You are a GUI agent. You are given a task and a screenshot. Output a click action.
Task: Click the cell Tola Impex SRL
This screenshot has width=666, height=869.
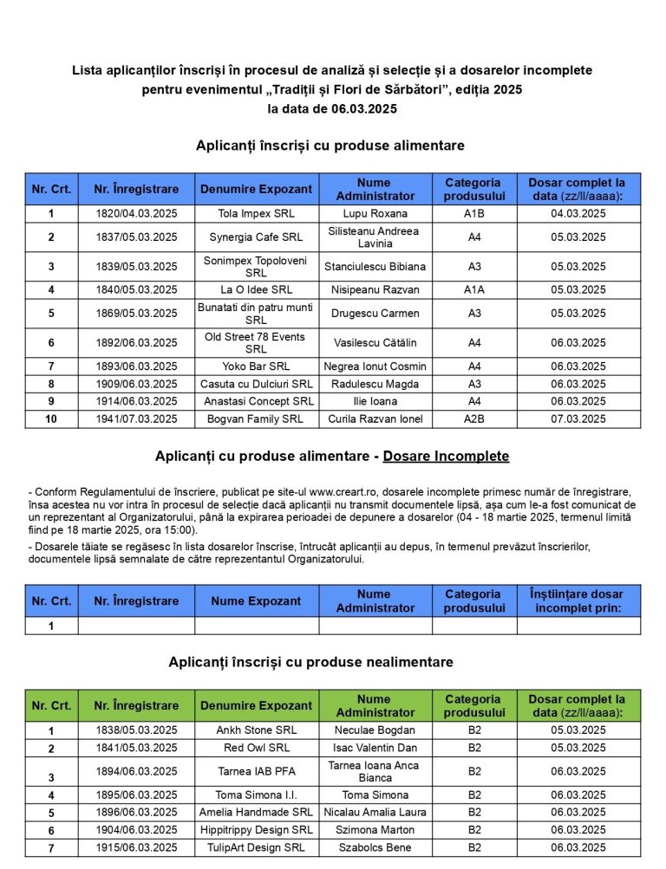click(256, 213)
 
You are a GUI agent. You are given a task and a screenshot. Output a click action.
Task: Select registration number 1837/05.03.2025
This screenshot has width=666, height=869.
click(136, 237)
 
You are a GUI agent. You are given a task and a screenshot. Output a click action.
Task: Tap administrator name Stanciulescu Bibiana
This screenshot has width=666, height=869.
click(375, 267)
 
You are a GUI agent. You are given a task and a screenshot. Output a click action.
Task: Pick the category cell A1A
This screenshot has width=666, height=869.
click(474, 290)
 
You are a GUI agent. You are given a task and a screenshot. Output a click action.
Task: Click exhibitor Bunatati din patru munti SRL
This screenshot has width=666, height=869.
click(256, 314)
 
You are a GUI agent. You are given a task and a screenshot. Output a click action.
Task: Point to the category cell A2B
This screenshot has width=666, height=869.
click(474, 419)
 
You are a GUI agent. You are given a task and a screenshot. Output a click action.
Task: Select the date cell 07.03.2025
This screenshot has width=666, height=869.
click(578, 419)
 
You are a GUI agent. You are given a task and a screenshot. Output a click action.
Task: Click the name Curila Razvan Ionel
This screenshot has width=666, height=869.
click(375, 419)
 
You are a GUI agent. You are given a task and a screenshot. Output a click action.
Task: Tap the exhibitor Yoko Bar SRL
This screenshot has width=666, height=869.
click(256, 366)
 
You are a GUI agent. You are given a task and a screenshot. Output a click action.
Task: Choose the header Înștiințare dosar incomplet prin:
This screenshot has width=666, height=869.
click(578, 601)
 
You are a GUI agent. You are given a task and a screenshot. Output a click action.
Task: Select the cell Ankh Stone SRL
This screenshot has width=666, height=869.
click(256, 730)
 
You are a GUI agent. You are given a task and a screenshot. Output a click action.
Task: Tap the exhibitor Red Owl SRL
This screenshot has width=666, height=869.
click(256, 748)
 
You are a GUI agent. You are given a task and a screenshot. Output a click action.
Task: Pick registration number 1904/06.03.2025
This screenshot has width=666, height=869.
click(136, 830)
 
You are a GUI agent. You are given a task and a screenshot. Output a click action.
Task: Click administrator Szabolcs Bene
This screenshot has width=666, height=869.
click(375, 848)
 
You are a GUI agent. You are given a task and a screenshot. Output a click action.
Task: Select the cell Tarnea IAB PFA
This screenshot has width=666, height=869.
click(256, 771)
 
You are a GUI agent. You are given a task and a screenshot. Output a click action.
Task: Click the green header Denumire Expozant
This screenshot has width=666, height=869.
click(256, 706)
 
